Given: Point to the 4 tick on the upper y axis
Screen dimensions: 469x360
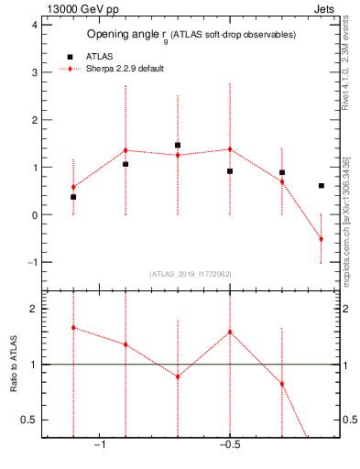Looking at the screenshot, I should pos(35,25).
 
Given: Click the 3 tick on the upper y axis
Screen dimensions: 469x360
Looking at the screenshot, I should pos(35,72).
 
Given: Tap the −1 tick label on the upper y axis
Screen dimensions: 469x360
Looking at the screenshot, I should pos(32,263).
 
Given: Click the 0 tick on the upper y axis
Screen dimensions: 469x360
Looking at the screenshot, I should pos(35,215).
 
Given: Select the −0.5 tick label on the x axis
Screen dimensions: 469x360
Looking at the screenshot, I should pos(228,445).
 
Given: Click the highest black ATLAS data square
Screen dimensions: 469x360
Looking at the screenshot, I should pos(178,145).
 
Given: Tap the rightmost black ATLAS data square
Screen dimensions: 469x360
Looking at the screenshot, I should pos(321,186).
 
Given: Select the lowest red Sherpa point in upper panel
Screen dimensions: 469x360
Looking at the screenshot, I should pos(321,239).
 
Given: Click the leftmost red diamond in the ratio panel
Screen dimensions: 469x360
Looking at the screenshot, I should pos(73,327).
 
